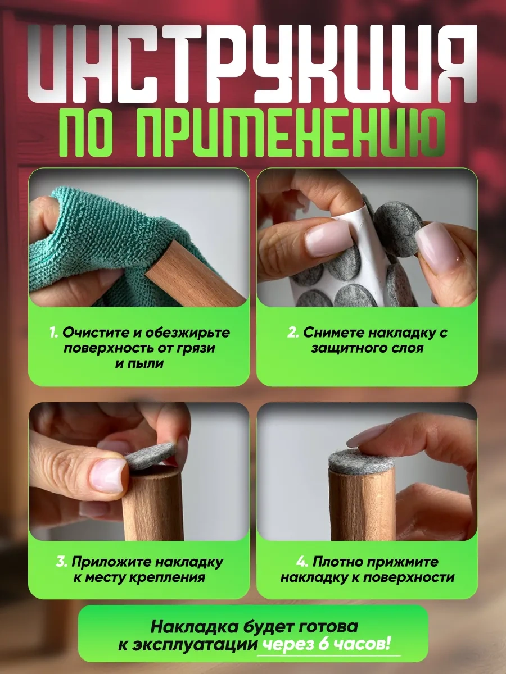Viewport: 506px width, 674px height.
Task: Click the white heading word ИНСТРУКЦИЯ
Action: point(252,64)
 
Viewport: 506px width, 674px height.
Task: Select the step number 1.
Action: point(54,333)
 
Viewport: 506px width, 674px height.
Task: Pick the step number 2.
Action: point(293,333)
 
